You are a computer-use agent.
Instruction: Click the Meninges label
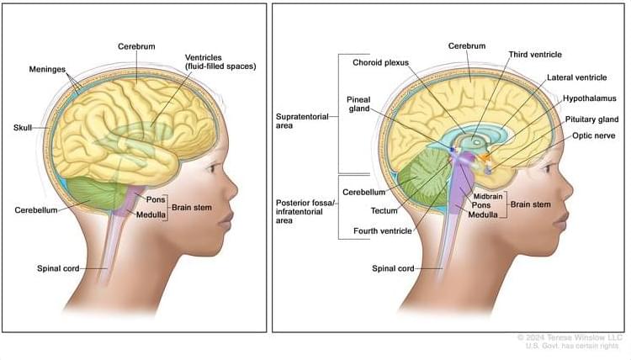click(x=47, y=69)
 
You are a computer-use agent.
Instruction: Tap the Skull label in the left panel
click(x=23, y=128)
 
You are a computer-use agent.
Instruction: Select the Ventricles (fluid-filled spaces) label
click(x=220, y=62)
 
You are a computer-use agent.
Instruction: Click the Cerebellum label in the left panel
click(x=36, y=210)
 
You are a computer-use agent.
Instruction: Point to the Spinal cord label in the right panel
click(x=393, y=268)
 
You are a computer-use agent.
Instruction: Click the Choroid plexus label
click(x=380, y=62)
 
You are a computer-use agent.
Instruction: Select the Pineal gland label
click(x=358, y=103)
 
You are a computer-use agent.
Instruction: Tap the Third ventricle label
click(x=535, y=55)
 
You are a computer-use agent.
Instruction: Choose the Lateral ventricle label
click(x=576, y=77)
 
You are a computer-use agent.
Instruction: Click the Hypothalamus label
click(x=589, y=98)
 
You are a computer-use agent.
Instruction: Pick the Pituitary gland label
click(x=591, y=119)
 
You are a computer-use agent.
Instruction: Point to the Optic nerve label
click(x=594, y=135)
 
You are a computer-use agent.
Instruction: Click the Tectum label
click(x=384, y=210)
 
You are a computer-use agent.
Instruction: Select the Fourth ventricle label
click(x=382, y=230)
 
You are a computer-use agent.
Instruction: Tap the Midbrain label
click(x=488, y=196)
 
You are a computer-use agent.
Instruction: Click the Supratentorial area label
click(x=302, y=120)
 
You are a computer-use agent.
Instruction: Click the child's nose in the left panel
click(x=232, y=189)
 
